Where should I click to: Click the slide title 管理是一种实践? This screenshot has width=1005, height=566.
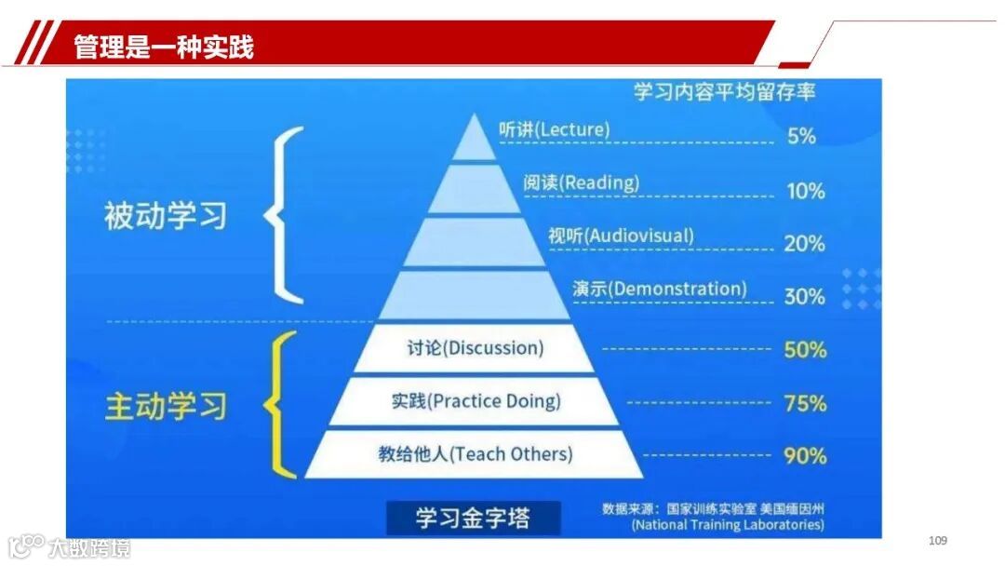[163, 47]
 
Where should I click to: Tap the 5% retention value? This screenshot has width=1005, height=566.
[801, 136]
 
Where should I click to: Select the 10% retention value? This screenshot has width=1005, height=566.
[805, 191]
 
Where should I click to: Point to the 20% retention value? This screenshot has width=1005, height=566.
[805, 243]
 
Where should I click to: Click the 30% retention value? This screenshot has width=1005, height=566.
[805, 296]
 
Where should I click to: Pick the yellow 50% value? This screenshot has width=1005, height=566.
[805, 350]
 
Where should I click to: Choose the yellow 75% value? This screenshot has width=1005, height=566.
[805, 403]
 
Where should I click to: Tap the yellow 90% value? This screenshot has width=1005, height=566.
[805, 455]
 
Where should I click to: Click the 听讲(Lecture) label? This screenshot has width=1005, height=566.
[554, 129]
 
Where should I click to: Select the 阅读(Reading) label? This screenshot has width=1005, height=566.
[581, 182]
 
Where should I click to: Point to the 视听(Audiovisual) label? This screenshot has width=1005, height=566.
[621, 236]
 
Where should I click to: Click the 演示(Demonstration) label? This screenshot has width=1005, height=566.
[660, 289]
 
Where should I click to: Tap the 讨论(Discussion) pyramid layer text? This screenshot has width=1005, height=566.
[475, 348]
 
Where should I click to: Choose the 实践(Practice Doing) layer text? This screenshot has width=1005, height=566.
[476, 401]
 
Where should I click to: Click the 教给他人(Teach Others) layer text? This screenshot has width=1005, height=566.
[475, 454]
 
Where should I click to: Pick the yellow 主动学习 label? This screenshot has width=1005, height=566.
[166, 407]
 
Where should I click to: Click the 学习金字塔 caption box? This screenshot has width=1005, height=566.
[474, 518]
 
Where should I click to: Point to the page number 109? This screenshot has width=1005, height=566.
[937, 541]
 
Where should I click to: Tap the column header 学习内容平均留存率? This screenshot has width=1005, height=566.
[725, 92]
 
